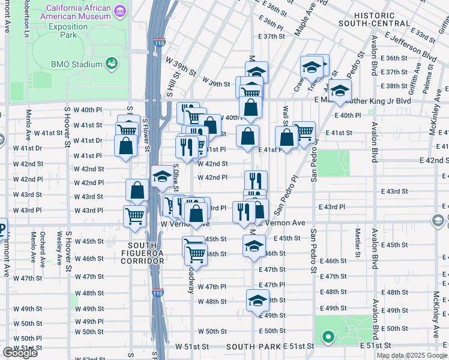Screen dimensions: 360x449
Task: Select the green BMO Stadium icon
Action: point(110,63)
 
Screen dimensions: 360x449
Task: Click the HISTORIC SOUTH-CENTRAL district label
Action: point(375,19)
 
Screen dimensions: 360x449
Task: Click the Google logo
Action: point(20,353)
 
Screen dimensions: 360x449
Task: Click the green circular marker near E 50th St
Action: point(327,337)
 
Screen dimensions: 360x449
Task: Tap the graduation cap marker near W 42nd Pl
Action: point(161,176)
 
